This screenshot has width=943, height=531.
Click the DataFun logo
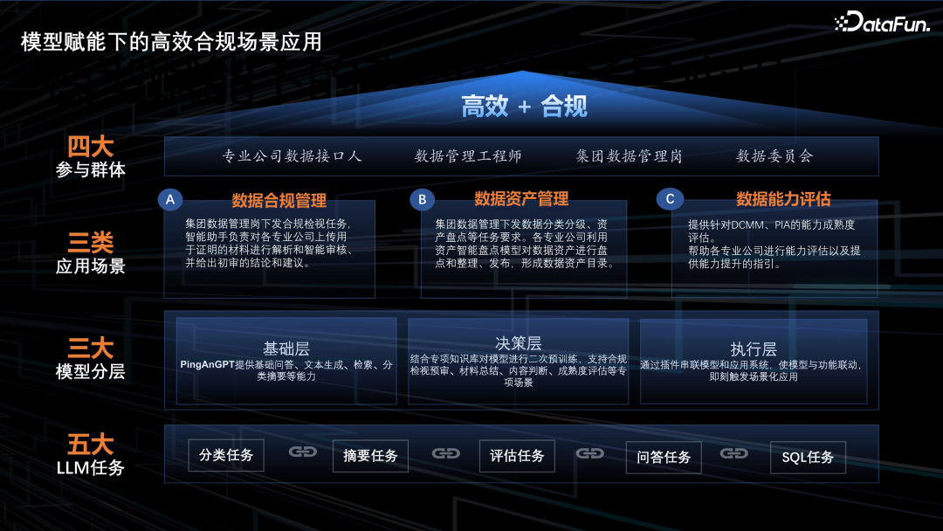(x=883, y=23)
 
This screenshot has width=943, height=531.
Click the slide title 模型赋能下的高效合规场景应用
(x=171, y=41)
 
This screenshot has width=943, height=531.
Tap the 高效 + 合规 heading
(x=524, y=107)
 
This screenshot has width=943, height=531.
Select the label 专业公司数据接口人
(x=292, y=156)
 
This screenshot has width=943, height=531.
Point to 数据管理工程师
(x=468, y=156)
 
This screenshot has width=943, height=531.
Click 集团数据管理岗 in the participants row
(x=629, y=156)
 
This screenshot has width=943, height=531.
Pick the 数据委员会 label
(x=774, y=156)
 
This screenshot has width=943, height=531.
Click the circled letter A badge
(x=170, y=200)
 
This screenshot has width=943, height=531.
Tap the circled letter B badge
(x=422, y=200)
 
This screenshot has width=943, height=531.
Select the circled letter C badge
(x=670, y=199)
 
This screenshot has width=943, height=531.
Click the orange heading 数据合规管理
(x=279, y=201)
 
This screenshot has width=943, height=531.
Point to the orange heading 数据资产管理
(x=521, y=199)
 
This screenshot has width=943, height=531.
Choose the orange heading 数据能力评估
(x=783, y=199)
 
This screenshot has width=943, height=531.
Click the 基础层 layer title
(x=286, y=348)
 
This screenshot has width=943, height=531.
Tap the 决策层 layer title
(x=519, y=343)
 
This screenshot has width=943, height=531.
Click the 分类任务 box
(x=226, y=455)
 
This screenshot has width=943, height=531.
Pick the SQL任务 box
(x=808, y=457)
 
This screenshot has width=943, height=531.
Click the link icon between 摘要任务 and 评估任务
(x=446, y=453)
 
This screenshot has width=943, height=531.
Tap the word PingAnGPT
(x=206, y=364)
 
